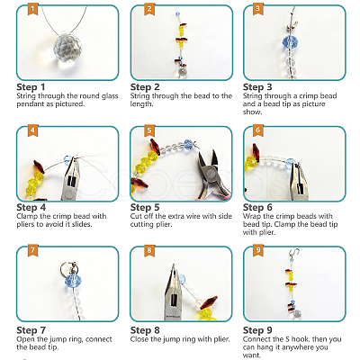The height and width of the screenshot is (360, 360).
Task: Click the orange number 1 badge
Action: pyautogui.click(x=32, y=9)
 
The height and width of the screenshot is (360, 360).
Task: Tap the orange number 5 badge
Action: pyautogui.click(x=149, y=130)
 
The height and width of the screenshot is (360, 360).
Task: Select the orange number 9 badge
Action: pyautogui.click(x=257, y=250)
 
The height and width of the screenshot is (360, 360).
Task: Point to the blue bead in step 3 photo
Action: pyautogui.click(x=290, y=41)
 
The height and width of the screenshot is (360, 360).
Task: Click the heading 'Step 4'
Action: pyautogui.click(x=31, y=207)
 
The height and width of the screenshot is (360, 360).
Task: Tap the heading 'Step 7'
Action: pyautogui.click(x=31, y=330)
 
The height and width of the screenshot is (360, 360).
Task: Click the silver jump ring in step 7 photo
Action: pyautogui.click(x=67, y=266)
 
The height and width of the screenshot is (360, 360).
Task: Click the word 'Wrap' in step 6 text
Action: pyautogui.click(x=250, y=216)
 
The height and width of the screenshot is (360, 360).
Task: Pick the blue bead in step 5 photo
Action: pyautogui.click(x=188, y=144)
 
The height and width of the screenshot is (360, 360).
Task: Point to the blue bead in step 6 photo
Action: pyautogui.click(x=291, y=164)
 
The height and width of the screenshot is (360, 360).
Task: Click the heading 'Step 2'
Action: pyautogui.click(x=145, y=87)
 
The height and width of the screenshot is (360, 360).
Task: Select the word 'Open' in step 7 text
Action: pyautogui.click(x=25, y=339)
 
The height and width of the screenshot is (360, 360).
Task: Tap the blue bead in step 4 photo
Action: pyautogui.click(x=67, y=159)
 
